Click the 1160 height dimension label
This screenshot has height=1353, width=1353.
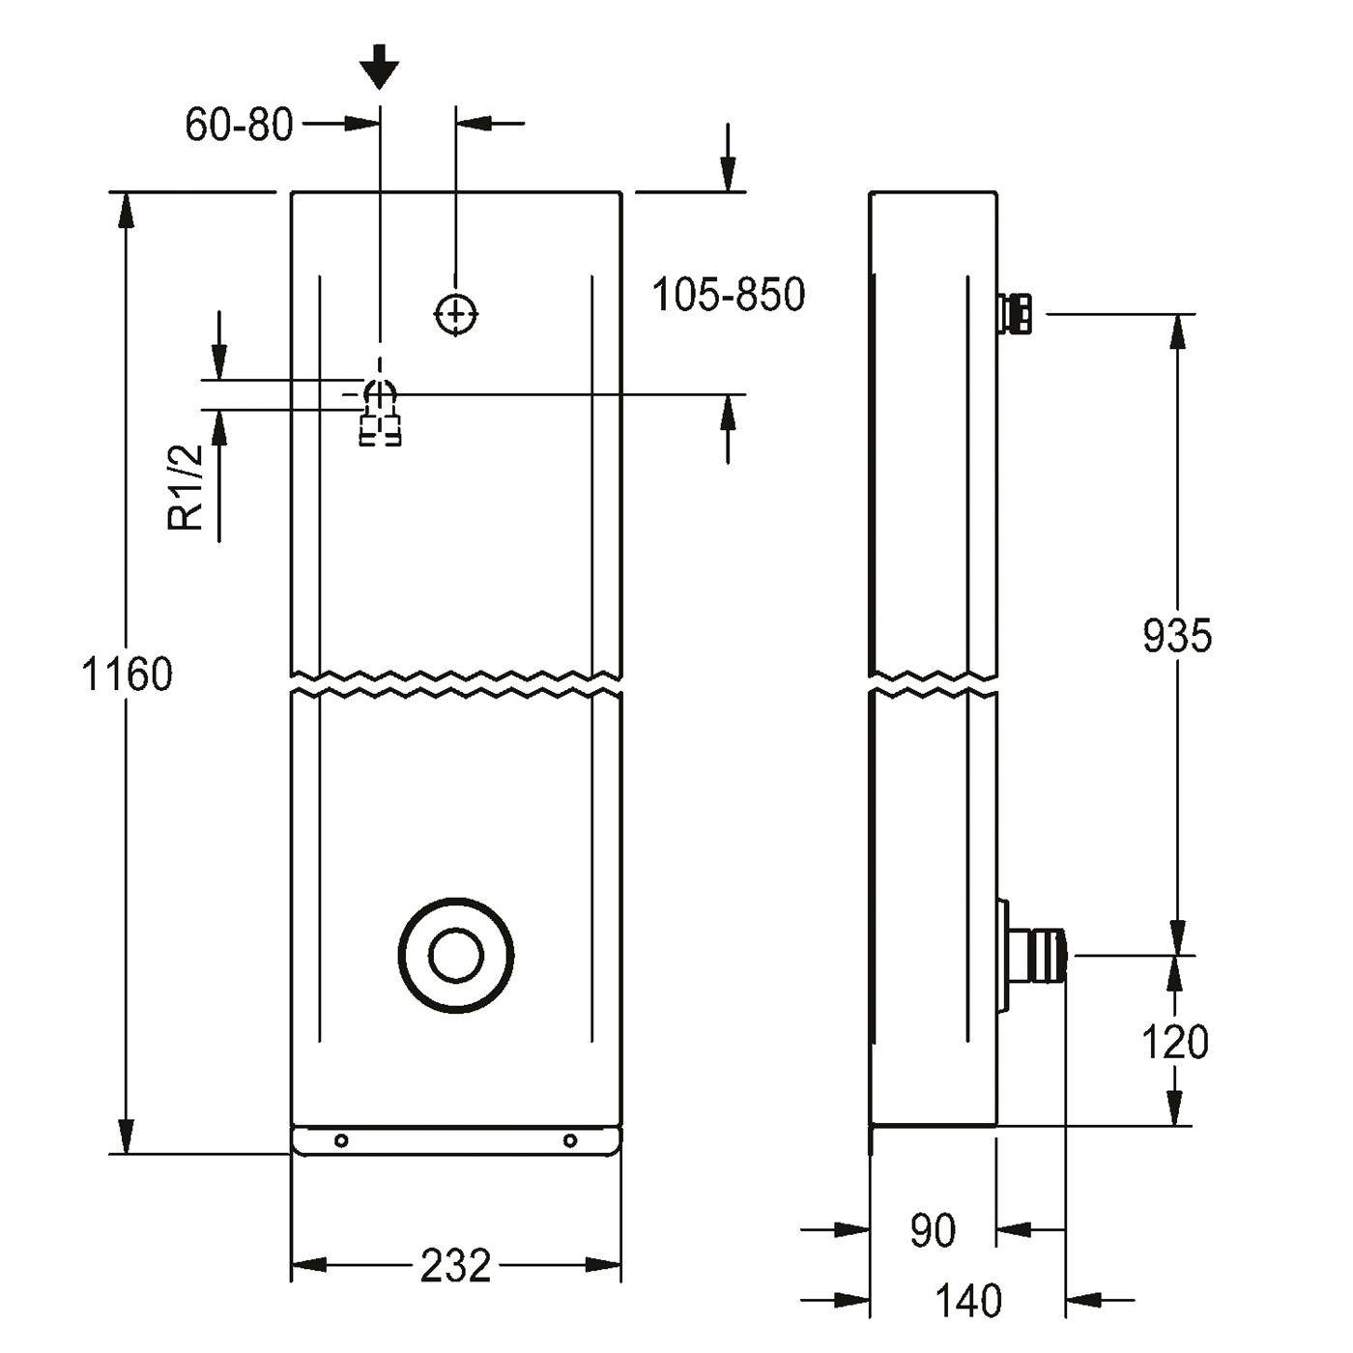pyautogui.click(x=127, y=674)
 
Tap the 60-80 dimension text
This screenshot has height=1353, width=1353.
pyautogui.click(x=239, y=126)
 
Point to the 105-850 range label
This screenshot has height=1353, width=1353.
pyautogui.click(x=728, y=295)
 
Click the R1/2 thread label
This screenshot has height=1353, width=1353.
pyautogui.click(x=187, y=487)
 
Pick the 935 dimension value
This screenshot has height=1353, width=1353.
pyautogui.click(x=1177, y=636)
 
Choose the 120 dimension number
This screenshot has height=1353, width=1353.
pyautogui.click(x=1174, y=1042)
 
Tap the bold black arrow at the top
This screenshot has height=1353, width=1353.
pyautogui.click(x=379, y=68)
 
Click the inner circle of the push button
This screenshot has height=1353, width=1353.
pyautogui.click(x=456, y=956)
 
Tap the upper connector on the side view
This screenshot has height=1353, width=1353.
pyautogui.click(x=1014, y=314)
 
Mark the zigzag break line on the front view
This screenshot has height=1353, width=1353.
pyautogui.click(x=456, y=684)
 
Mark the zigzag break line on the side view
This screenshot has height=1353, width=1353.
pyautogui.click(x=934, y=685)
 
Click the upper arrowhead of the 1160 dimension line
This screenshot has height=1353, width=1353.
pyautogui.click(x=126, y=210)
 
